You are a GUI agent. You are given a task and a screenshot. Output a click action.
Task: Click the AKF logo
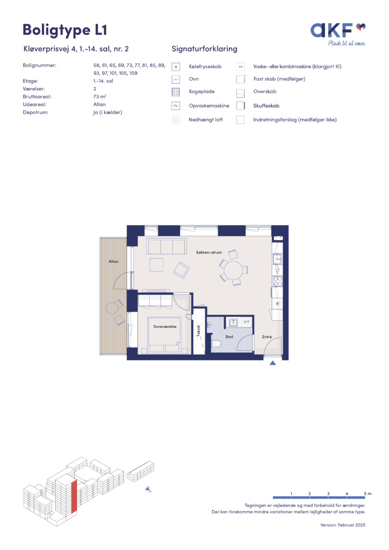click(338, 34)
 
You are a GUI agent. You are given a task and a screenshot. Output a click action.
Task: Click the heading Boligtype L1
click(65, 30)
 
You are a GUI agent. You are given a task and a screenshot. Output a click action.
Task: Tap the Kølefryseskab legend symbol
click(176, 67)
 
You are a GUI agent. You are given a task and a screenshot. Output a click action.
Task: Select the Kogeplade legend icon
click(176, 92)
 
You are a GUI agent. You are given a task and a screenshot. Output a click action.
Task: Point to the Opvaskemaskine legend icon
click(176, 106)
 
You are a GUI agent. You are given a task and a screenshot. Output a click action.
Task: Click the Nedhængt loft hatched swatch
click(176, 120)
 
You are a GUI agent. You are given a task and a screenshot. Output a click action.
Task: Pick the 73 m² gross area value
click(100, 97)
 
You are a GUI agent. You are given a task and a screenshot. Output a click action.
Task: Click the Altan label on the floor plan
click(114, 262)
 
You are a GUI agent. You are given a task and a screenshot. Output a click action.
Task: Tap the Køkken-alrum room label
click(209, 252)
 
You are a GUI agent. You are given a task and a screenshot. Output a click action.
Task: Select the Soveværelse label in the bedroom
click(165, 327)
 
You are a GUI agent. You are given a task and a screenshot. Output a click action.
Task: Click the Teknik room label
click(199, 331)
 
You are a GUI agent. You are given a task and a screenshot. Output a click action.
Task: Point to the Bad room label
click(229, 337)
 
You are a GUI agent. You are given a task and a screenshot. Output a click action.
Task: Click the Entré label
click(267, 337)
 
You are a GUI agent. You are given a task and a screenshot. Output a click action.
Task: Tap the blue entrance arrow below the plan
click(272, 363)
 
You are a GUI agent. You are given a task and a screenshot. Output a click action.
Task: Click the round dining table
click(233, 271)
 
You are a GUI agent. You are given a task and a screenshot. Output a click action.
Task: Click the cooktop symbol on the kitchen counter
click(278, 281)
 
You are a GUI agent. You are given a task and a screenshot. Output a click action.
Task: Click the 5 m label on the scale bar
click(368, 494)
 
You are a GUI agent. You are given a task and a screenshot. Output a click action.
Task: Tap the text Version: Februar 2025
click(343, 525)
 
